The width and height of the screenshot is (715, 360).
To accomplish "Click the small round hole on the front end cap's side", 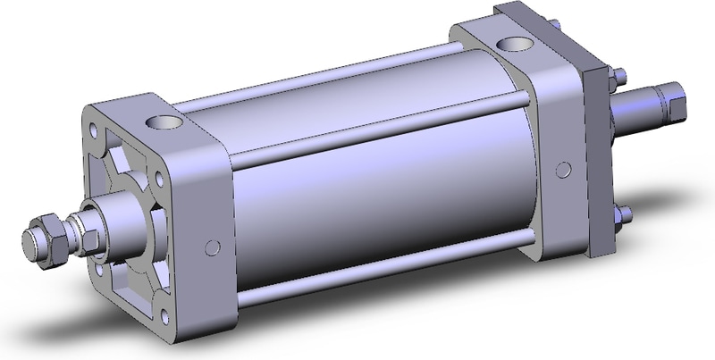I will coord(212,247).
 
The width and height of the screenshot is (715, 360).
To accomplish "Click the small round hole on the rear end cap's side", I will coord(564,169).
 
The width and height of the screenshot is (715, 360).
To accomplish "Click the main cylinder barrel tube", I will coord(375,197).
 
